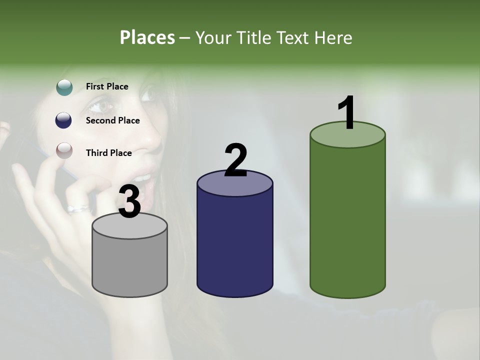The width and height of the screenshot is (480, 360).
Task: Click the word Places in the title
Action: pyautogui.click(x=147, y=37)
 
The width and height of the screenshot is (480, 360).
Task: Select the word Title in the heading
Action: pyautogui.click(x=253, y=37)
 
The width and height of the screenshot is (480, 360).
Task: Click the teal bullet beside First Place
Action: pyautogui.click(x=64, y=87)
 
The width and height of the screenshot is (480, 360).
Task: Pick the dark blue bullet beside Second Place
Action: pyautogui.click(x=64, y=120)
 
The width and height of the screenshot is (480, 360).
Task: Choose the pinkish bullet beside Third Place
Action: pyautogui.click(x=64, y=150)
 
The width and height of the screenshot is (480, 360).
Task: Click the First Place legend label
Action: pyautogui.click(x=107, y=86)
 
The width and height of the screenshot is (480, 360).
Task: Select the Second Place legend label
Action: pyautogui.click(x=112, y=120)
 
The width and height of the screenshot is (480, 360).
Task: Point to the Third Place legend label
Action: pyautogui.click(x=108, y=153)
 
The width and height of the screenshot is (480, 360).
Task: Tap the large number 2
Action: pyautogui.click(x=235, y=160)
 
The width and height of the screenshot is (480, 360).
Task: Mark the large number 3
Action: pyautogui.click(x=129, y=201)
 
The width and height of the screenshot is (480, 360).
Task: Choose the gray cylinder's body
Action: pyautogui.click(x=130, y=265)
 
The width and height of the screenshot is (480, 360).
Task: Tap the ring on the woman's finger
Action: pyautogui.click(x=78, y=208)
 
